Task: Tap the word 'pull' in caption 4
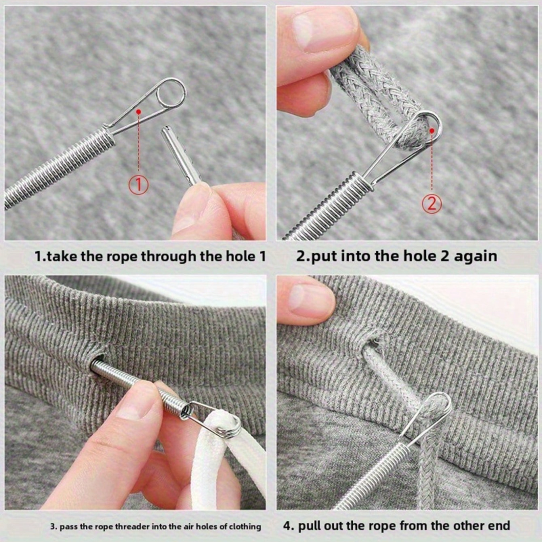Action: click(x=310, y=526)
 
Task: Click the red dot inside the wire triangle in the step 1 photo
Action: click(x=138, y=111)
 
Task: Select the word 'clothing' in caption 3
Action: click(x=245, y=527)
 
